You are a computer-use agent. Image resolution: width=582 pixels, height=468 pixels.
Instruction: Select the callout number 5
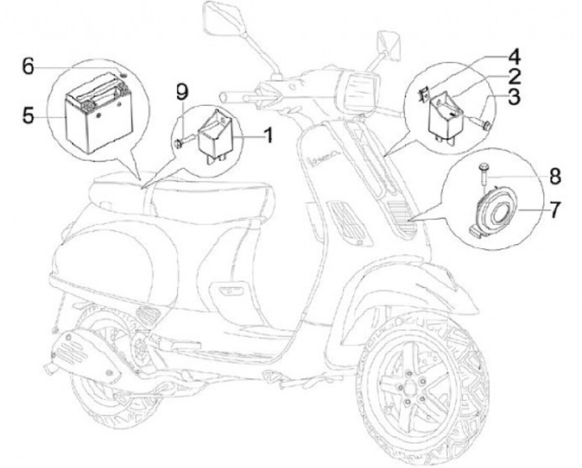(x=27, y=116)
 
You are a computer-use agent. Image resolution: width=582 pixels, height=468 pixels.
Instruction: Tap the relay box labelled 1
(x=216, y=136)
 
